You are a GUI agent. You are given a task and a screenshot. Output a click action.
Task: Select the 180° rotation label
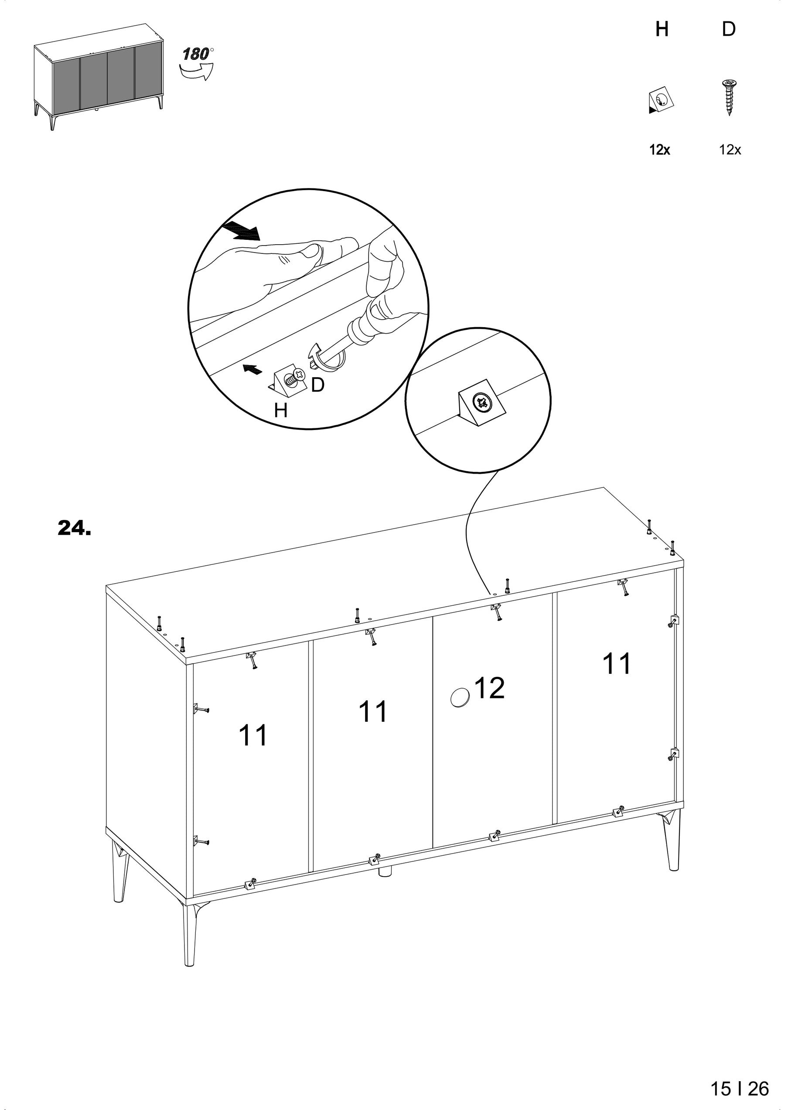pos(198,54)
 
